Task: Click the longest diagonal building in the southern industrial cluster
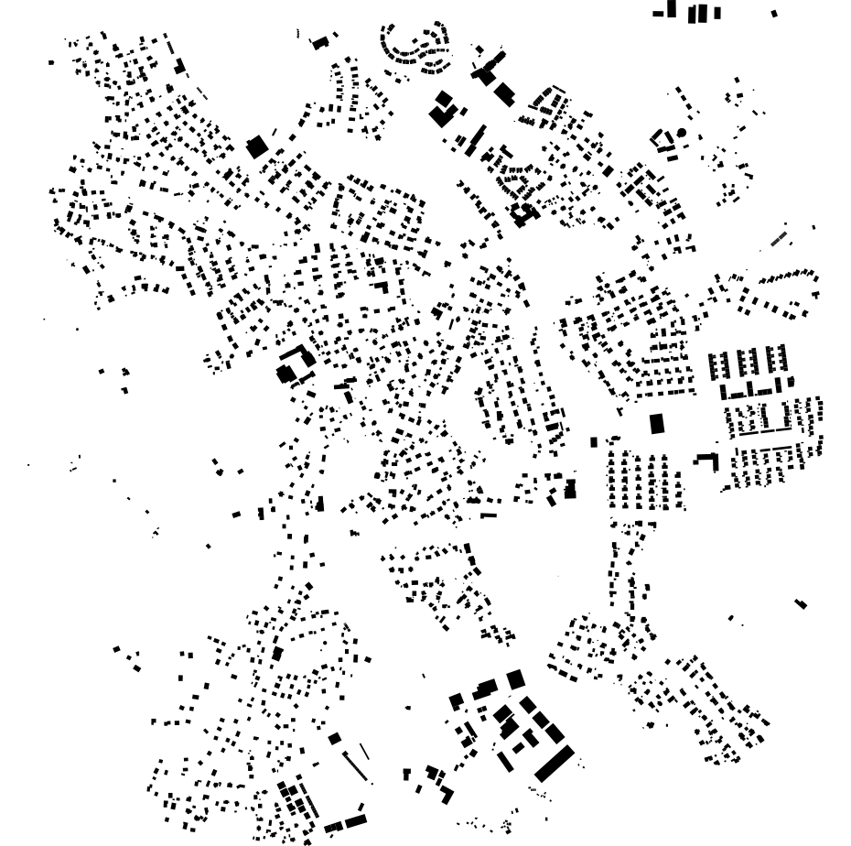[x=554, y=763]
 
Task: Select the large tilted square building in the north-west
[x=257, y=146]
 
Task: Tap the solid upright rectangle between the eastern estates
[x=656, y=423]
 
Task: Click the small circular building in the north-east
[x=681, y=133]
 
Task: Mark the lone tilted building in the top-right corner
[x=774, y=14]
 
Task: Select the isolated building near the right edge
[x=801, y=603]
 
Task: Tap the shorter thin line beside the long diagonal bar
[x=364, y=752]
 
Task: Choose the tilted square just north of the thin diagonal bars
[x=335, y=738]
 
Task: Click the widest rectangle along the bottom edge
[x=355, y=820]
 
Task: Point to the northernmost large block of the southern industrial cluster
[x=515, y=678]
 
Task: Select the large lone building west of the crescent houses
[x=319, y=43]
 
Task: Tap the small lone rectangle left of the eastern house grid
[x=593, y=442]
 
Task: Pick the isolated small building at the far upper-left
[x=51, y=62]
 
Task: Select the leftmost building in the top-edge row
[x=657, y=14]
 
